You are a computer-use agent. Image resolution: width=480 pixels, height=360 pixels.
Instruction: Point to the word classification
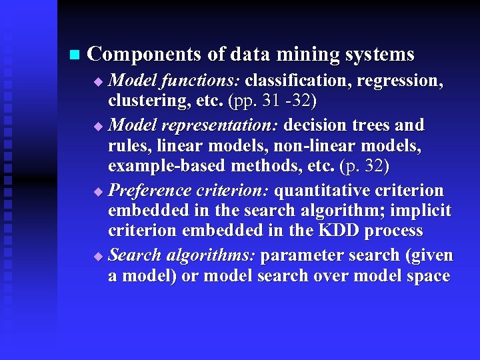298,81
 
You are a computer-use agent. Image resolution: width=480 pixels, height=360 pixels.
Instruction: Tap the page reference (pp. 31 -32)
272,102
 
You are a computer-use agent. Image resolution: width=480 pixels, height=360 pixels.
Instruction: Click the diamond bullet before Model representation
99,126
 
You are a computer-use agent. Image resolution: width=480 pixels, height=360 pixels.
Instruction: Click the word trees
372,125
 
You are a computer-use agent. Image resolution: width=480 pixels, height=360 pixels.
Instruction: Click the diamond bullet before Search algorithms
99,257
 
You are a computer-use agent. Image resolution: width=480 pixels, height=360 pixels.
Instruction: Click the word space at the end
426,276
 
